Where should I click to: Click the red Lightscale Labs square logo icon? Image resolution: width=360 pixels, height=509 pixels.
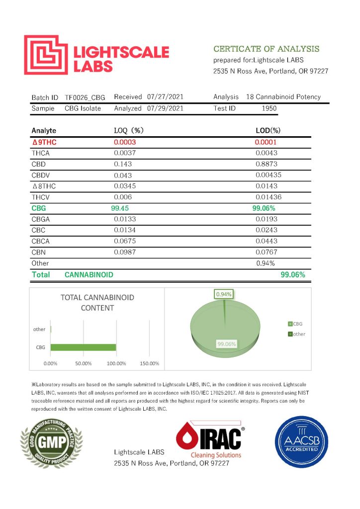[x=45, y=55]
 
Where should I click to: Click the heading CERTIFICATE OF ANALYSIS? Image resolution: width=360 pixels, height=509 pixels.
[x=266, y=49]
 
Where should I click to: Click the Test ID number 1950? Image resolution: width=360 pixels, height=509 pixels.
[x=269, y=108]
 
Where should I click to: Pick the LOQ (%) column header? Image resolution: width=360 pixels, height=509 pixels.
[x=129, y=131]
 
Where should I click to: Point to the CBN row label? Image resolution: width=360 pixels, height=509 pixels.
[x=38, y=252]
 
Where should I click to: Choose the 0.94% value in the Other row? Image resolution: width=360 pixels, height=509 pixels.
[x=265, y=263]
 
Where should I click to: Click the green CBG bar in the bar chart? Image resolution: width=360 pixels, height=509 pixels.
[x=83, y=347]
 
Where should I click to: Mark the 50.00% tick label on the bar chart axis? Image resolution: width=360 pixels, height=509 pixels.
[x=84, y=363]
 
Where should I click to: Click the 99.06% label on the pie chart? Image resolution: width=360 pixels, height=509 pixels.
[x=226, y=343]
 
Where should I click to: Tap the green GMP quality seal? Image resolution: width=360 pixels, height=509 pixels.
[x=51, y=442]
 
